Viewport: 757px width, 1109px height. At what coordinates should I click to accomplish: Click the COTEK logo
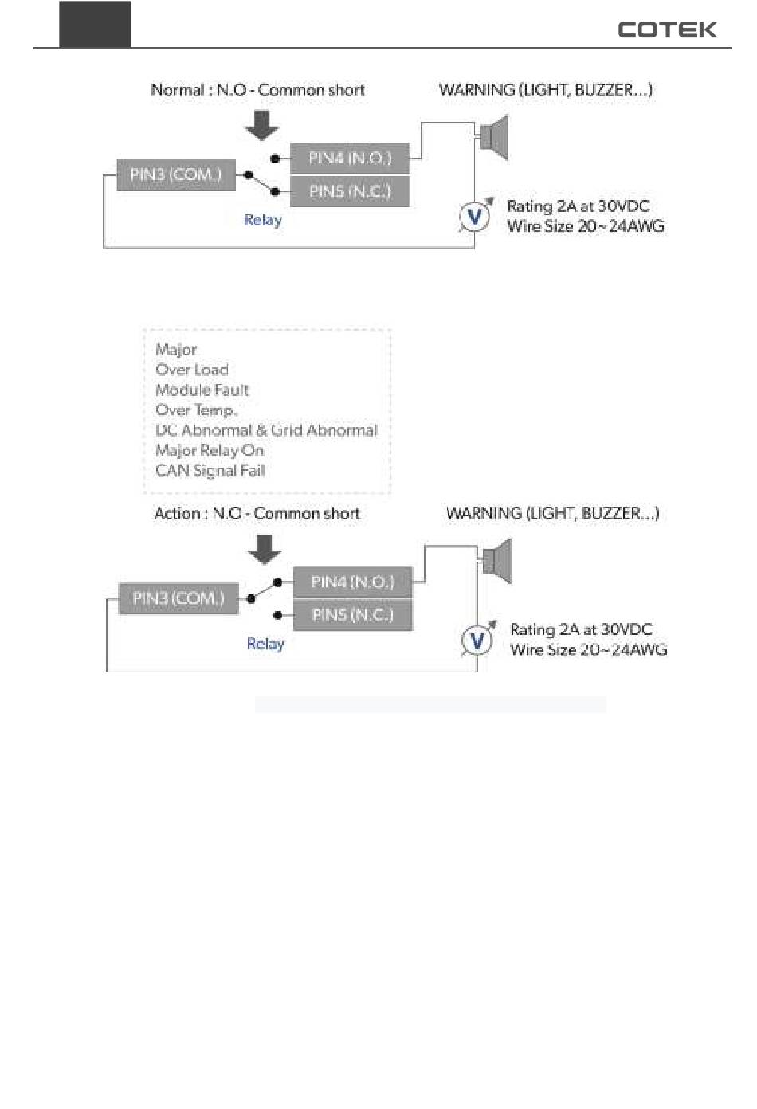coord(666,29)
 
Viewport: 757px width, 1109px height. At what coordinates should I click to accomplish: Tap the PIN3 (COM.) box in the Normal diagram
coord(176,174)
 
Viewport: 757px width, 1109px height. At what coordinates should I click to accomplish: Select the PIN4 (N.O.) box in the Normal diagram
coord(350,159)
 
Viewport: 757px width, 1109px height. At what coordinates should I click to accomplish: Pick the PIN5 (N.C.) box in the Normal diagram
coord(350,191)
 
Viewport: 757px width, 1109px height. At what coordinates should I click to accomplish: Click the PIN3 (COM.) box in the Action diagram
coord(178,598)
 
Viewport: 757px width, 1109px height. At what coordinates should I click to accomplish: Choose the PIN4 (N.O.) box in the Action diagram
coord(352,582)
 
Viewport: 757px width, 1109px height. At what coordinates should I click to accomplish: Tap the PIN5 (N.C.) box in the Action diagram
coord(352,615)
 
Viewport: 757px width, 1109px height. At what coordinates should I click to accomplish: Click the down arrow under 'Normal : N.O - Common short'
coord(261,126)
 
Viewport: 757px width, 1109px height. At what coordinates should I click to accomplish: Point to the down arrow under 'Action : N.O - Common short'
coord(265,550)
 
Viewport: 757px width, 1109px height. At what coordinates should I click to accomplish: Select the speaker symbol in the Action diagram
coord(497,561)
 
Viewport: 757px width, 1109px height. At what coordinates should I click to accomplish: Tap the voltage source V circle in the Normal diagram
coord(474,216)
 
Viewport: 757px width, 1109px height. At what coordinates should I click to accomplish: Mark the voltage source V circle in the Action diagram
coord(477,640)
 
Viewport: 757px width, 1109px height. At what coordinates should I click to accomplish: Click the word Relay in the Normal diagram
coord(263,220)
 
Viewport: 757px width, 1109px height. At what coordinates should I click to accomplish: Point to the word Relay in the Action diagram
coord(265,644)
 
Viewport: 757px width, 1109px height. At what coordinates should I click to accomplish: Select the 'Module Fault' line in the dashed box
coord(202,390)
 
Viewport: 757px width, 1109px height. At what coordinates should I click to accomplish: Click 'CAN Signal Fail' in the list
coord(210,471)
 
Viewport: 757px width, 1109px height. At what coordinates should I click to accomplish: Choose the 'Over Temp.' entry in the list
coord(197,410)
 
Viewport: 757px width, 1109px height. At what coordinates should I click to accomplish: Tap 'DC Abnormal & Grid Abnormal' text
coord(266,430)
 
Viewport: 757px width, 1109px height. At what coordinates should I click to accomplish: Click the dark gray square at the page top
coord(95,24)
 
